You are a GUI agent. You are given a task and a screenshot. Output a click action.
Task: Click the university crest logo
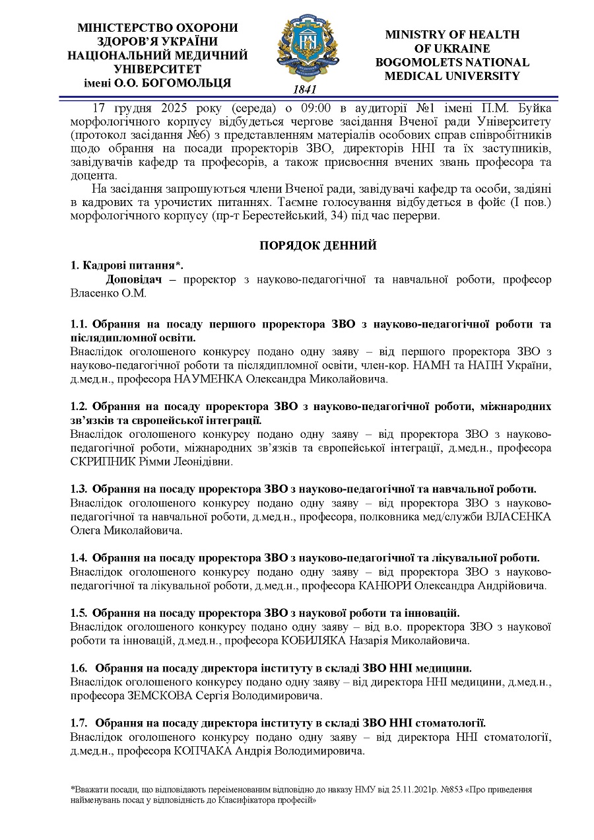click(304, 46)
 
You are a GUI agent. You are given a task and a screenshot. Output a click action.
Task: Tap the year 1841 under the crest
click(304, 89)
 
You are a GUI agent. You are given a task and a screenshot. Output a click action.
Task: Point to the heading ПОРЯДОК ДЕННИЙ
click(317, 246)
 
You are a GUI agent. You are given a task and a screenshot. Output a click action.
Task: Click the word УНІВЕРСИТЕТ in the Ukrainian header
click(157, 69)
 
